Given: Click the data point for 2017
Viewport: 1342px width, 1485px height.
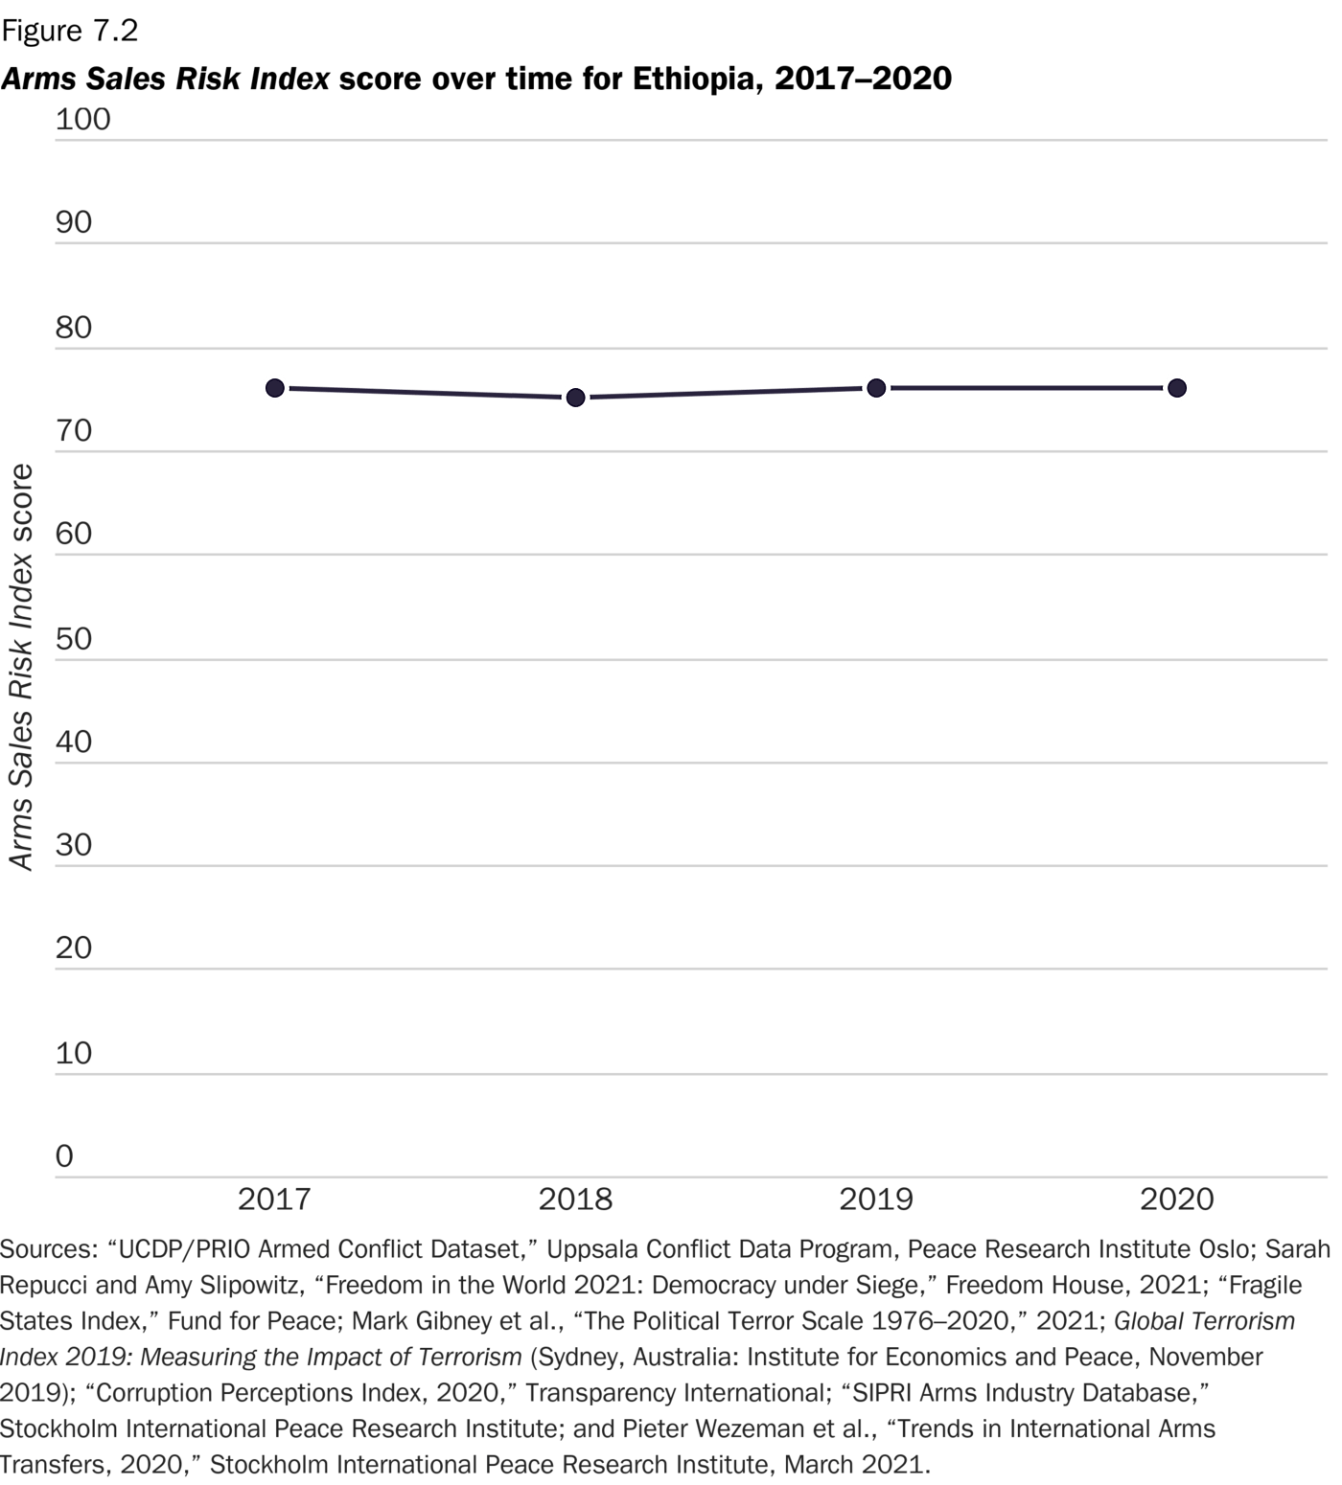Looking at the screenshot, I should pyautogui.click(x=275, y=388).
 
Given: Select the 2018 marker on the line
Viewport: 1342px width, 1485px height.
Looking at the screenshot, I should pyautogui.click(x=575, y=398).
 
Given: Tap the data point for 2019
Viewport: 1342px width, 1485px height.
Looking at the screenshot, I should pyautogui.click(x=876, y=388).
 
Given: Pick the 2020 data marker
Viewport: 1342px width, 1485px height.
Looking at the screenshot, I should pyautogui.click(x=1177, y=388).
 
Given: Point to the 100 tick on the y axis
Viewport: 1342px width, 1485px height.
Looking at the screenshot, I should pyautogui.click(x=82, y=120).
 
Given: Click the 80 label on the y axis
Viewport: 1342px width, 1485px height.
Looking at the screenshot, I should pyautogui.click(x=74, y=328).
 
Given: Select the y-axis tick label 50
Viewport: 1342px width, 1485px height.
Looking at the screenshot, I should pyautogui.click(x=74, y=639).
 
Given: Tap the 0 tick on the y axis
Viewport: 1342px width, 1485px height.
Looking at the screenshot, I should pyautogui.click(x=64, y=1156).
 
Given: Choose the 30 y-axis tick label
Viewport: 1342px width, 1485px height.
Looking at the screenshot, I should pyautogui.click(x=74, y=845).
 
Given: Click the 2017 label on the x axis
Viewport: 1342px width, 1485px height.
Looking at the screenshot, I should pyautogui.click(x=274, y=1199).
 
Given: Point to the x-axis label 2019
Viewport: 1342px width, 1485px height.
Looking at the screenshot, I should pyautogui.click(x=876, y=1199).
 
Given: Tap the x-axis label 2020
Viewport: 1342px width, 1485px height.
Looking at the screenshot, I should pyautogui.click(x=1177, y=1199).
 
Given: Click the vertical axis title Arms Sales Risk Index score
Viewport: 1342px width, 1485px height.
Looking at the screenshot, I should pyautogui.click(x=21, y=667).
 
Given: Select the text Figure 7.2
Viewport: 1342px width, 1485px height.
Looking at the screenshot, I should pyautogui.click(x=70, y=31).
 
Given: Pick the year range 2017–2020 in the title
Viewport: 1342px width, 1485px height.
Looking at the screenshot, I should pyautogui.click(x=863, y=79).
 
